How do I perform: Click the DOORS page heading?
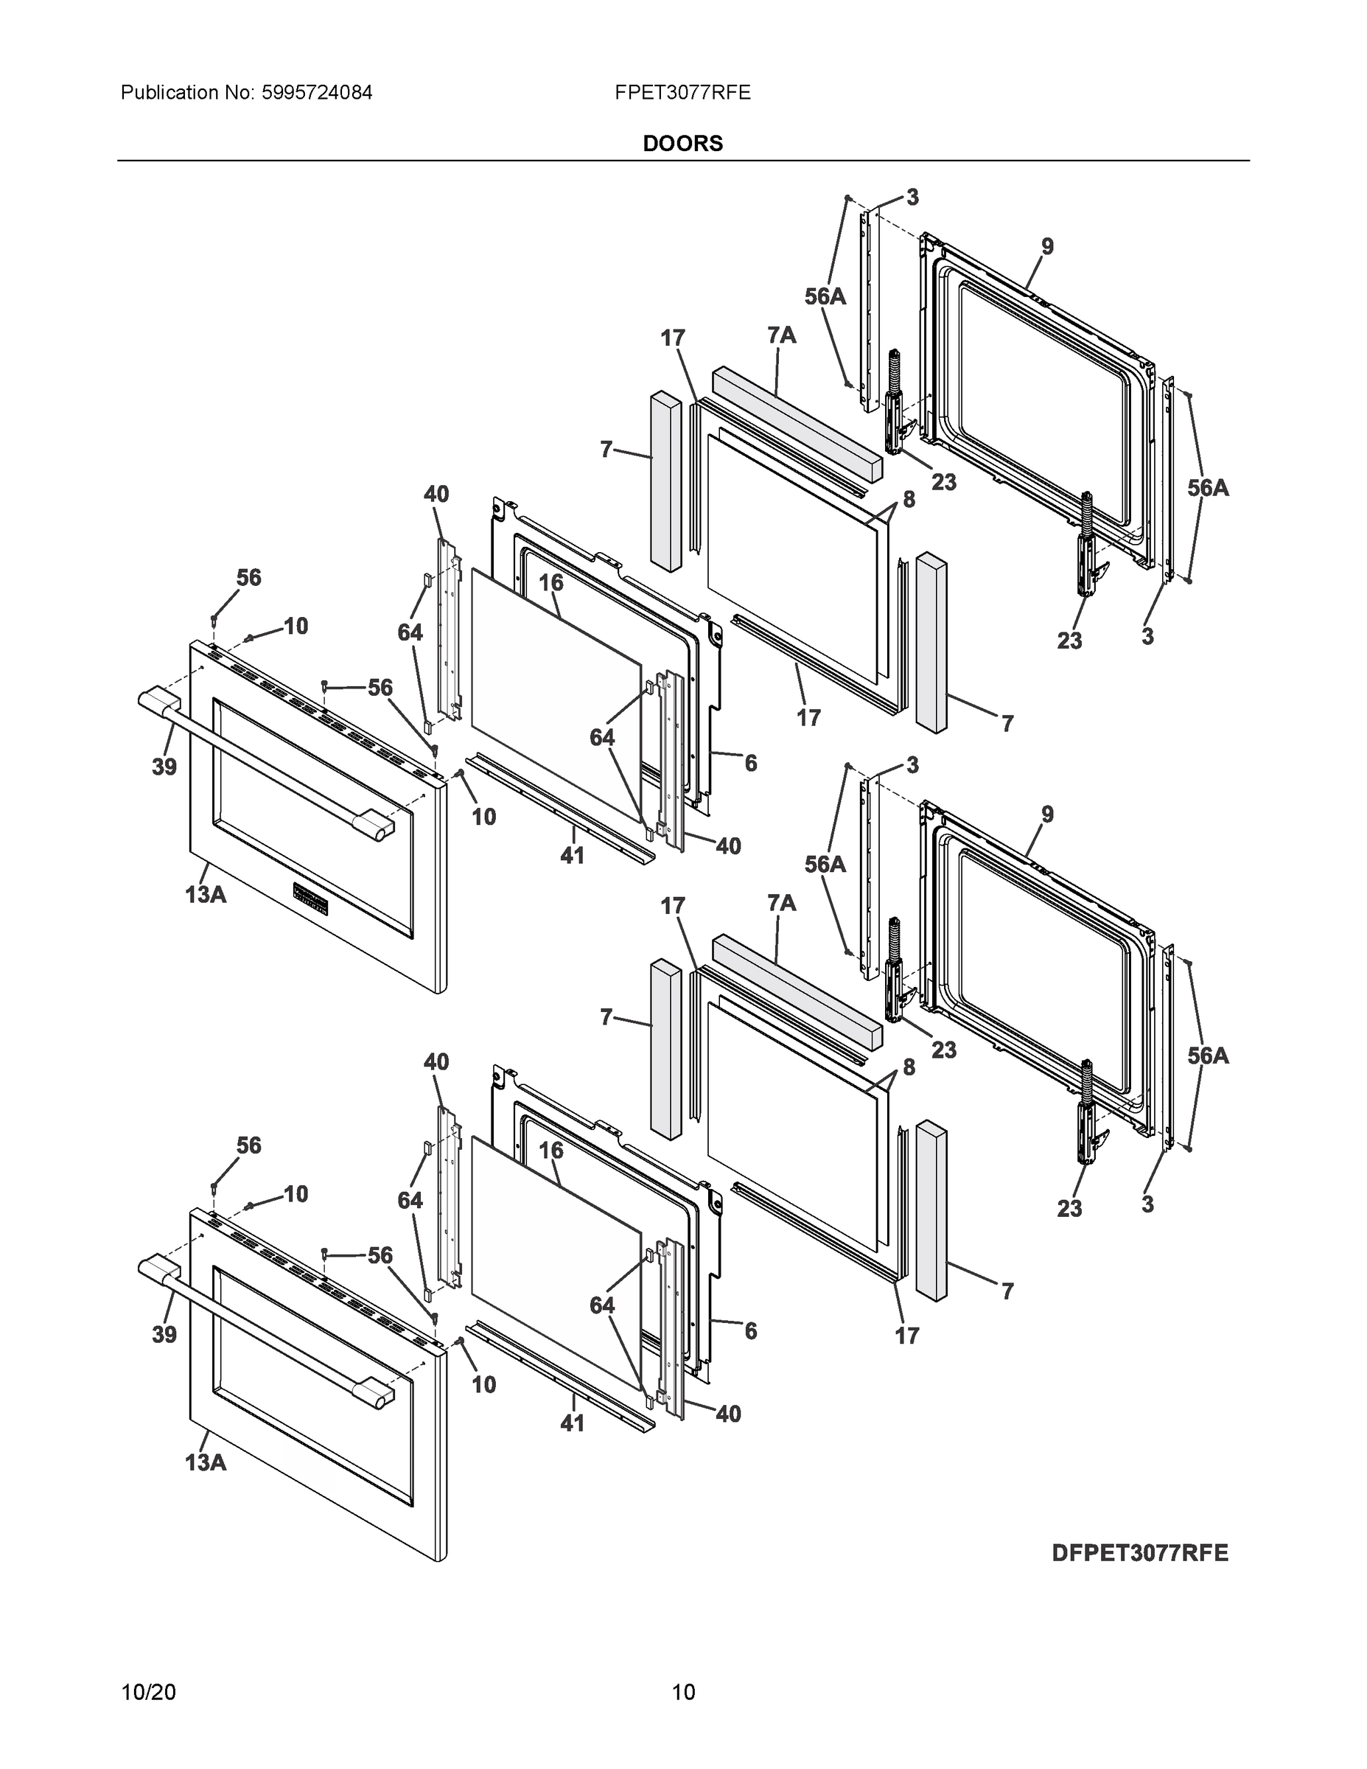point(682,144)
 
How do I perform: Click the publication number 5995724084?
point(316,92)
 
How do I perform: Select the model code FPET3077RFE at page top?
point(682,92)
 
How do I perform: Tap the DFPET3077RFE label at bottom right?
point(1140,1553)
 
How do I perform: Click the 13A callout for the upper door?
point(205,894)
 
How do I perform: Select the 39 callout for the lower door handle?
point(164,1334)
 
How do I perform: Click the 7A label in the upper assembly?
point(781,335)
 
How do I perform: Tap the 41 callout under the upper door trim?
point(573,855)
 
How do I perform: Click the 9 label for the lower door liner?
point(1047,814)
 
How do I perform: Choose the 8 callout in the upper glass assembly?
point(909,500)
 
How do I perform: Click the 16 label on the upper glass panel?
point(550,582)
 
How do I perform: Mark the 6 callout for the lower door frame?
point(751,1330)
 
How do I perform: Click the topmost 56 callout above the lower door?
point(248,1145)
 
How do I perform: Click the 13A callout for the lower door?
point(205,1462)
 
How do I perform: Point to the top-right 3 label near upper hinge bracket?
point(912,197)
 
